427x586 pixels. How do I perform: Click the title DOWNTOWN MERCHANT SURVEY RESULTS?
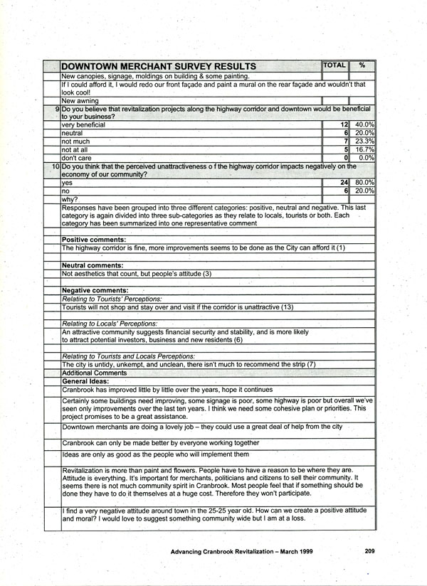(159, 67)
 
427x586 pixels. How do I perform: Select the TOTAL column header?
(334, 65)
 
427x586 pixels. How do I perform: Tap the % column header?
(362, 65)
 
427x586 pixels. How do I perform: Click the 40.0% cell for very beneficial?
(364, 124)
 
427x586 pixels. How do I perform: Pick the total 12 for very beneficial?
(343, 124)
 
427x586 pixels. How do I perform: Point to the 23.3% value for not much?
(364, 142)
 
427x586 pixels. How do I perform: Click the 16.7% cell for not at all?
(364, 150)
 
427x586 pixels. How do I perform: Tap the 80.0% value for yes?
(364, 183)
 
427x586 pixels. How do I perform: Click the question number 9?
(57, 109)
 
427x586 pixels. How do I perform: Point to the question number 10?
(56, 166)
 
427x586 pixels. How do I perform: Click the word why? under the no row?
(70, 199)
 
